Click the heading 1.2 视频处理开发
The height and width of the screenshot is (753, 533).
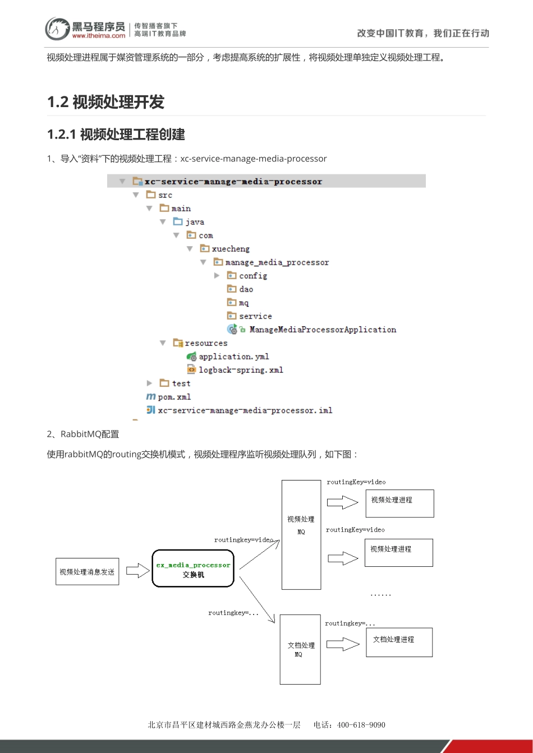105,102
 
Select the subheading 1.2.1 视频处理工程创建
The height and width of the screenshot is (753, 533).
116,135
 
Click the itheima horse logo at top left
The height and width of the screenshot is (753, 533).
57,29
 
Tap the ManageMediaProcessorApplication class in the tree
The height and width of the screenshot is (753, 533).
322,330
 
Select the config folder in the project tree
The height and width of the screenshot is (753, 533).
252,276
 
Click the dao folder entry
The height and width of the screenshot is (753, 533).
246,289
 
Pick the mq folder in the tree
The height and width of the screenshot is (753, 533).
243,303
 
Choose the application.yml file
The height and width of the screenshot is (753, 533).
233,357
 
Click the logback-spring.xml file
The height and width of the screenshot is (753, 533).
240,370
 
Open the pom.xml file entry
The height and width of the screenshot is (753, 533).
174,397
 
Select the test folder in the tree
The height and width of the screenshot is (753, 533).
181,384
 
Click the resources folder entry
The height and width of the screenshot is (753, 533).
205,343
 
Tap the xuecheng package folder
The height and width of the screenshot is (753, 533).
230,249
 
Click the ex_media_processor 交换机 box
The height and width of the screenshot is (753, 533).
193,569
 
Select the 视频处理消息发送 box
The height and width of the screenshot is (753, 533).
87,572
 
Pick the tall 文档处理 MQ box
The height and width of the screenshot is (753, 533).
300,649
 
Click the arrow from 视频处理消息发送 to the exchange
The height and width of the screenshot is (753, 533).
137,571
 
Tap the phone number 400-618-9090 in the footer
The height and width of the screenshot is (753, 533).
361,725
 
